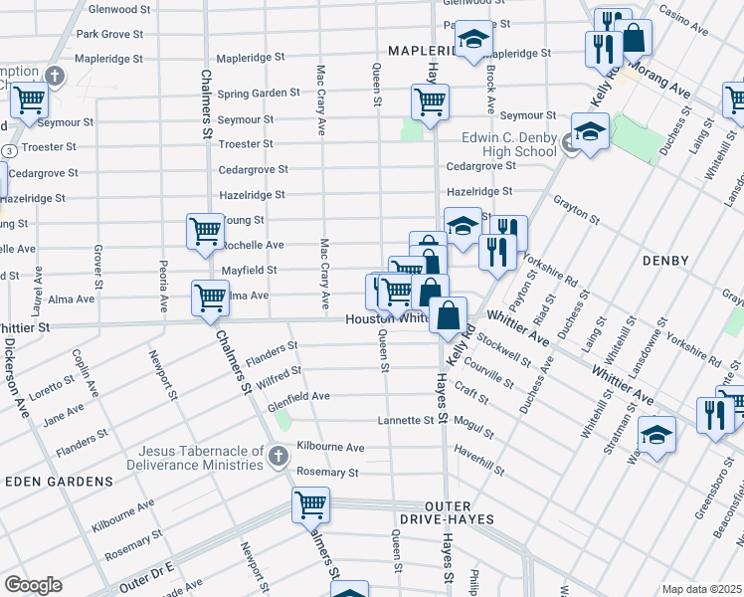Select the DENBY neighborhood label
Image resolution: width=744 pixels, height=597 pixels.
click(665, 261)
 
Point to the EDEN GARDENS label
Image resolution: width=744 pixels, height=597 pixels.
click(59, 482)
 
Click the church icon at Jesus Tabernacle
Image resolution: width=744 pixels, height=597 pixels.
click(279, 456)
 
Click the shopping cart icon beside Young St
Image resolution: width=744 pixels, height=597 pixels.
click(205, 231)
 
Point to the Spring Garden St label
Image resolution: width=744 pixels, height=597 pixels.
click(259, 93)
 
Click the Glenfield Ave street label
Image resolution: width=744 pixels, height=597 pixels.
click(298, 396)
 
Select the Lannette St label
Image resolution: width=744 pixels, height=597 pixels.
click(406, 421)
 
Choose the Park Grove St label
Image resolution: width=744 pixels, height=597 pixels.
click(108, 33)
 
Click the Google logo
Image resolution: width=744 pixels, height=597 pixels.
click(32, 585)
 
